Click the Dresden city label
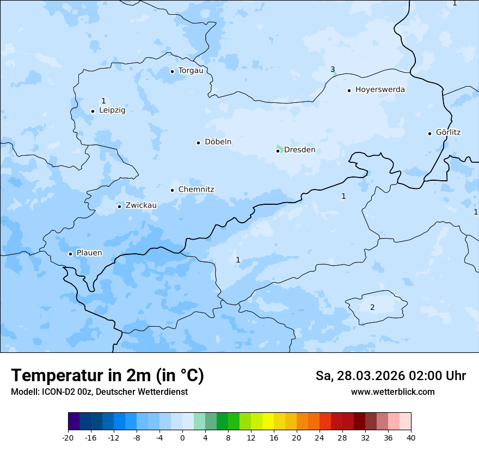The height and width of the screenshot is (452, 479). tap(299, 150)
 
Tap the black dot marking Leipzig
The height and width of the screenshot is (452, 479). tap(93, 111)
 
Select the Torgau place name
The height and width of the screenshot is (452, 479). tap(191, 70)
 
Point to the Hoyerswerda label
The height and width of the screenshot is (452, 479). tap(380, 89)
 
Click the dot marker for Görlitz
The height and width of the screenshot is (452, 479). tap(429, 133)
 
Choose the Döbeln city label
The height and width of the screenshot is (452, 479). tap(218, 142)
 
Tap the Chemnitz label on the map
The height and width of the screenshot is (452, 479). tap(196, 190)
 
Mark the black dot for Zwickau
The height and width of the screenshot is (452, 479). tap(119, 206)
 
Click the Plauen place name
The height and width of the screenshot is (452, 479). tap(89, 253)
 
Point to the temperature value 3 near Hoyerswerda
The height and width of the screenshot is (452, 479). tap(333, 69)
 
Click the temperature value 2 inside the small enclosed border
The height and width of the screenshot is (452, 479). tap(372, 307)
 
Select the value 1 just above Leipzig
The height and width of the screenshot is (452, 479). tap(103, 101)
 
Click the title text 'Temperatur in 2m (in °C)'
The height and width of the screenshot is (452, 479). tap(107, 375)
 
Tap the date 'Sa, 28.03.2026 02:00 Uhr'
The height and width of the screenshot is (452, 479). tap(390, 376)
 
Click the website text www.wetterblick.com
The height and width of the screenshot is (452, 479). tap(392, 392)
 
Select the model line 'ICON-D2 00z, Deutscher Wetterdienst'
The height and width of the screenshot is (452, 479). tap(99, 392)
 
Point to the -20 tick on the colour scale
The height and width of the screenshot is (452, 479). tap(68, 437)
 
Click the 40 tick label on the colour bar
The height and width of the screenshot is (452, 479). tap(411, 437)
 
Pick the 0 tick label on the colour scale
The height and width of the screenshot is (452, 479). tap(182, 437)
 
